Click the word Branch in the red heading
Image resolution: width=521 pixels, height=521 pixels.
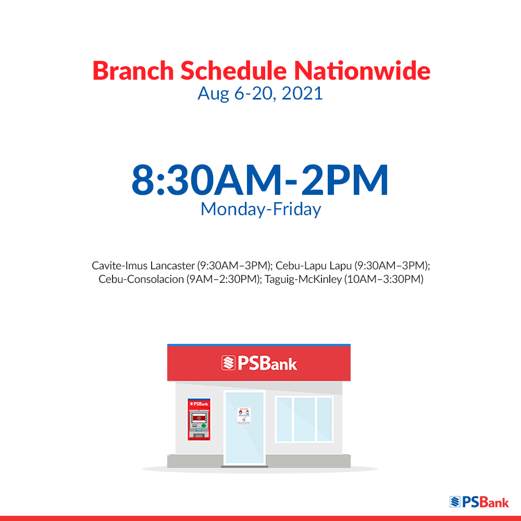[x=133, y=70]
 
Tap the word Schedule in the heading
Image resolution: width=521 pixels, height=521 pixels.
[x=233, y=70]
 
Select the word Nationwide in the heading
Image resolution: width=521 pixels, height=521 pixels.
[x=362, y=70]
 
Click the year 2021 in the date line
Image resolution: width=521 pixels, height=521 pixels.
[x=302, y=93]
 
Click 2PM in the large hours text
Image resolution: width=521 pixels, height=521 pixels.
[x=344, y=180]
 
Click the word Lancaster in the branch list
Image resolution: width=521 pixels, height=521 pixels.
[x=172, y=266]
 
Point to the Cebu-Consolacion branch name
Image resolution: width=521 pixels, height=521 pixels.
[x=141, y=279]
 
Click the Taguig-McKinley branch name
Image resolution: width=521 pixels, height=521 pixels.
[x=303, y=279]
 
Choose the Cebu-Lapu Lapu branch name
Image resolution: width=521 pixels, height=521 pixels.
[x=313, y=266]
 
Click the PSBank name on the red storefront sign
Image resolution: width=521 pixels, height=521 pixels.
[x=267, y=363]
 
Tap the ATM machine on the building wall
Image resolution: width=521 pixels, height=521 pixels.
[x=199, y=419]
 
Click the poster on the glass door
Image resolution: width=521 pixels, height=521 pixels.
[x=244, y=416]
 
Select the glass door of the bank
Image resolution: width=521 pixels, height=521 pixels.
[x=244, y=428]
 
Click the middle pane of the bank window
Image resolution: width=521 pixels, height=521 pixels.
[x=304, y=419]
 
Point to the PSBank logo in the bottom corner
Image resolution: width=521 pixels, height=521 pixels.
[x=479, y=502]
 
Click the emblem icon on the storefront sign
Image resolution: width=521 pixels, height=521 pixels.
[x=228, y=363]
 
